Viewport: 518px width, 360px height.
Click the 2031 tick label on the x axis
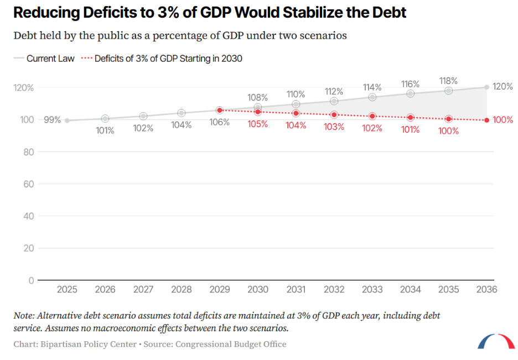click(296, 289)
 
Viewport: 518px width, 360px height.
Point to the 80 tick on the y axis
click(29, 152)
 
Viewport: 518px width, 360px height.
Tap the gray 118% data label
click(448, 81)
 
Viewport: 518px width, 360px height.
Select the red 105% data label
click(258, 124)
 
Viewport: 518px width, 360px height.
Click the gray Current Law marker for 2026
click(105, 118)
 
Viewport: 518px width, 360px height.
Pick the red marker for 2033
click(372, 116)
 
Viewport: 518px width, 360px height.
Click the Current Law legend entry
click(44, 59)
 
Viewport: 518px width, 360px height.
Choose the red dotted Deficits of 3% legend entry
click(162, 59)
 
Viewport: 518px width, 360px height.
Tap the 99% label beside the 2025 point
click(52, 120)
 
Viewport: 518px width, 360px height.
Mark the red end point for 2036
click(486, 121)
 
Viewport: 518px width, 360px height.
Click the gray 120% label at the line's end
click(503, 86)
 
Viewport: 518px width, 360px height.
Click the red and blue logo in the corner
click(496, 341)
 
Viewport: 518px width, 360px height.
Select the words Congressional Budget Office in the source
click(231, 344)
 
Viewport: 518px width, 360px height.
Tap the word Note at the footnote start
click(24, 315)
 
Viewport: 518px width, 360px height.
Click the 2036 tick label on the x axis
click(486, 289)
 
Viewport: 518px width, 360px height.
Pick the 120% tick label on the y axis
click(23, 88)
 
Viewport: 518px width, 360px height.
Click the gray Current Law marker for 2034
click(410, 93)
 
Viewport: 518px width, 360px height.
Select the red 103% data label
click(334, 127)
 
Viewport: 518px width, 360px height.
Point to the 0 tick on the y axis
click(32, 280)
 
